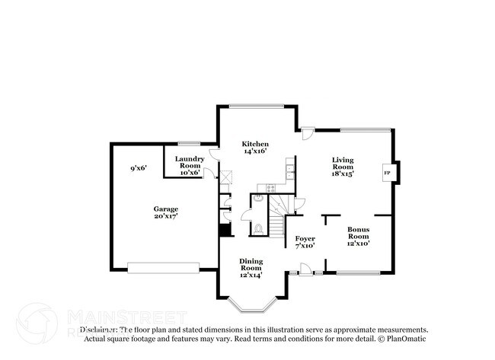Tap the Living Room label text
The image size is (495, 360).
[343, 166]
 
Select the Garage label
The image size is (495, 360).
[165, 212]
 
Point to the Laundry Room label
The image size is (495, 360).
[189, 165]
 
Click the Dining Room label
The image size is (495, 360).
[251, 268]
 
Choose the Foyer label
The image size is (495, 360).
[305, 241]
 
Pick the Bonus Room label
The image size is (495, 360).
[358, 236]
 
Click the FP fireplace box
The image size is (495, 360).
[387, 174]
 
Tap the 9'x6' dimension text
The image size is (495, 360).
[138, 167]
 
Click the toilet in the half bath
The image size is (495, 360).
[258, 227]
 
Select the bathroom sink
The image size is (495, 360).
[257, 199]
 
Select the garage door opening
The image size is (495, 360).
[156, 267]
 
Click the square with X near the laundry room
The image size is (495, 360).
[226, 175]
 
